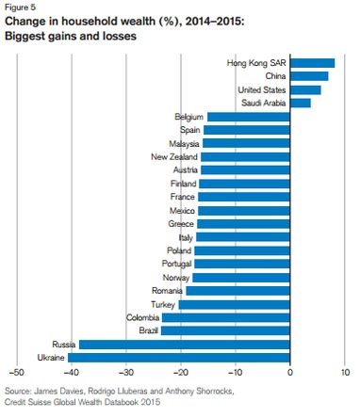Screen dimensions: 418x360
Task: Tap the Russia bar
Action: coord(185,345)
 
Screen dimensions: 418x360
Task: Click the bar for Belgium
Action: coord(249,117)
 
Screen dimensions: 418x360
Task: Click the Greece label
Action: coord(180,224)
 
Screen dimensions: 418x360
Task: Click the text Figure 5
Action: coord(21,8)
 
